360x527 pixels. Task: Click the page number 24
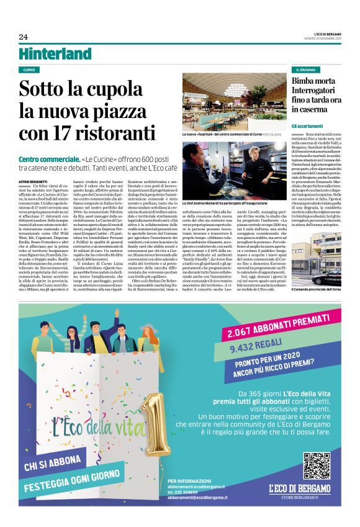[x=23, y=37]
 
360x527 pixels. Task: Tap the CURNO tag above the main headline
[x=29, y=70]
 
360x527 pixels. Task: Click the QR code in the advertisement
[x=317, y=466]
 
